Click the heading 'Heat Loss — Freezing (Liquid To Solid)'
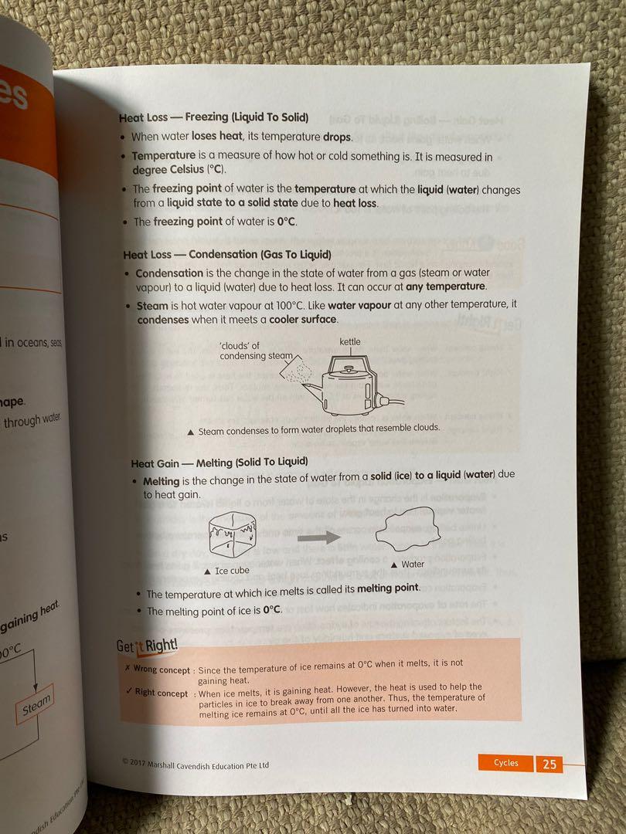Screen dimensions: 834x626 point(213,117)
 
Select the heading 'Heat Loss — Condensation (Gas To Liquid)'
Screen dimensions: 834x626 point(227,255)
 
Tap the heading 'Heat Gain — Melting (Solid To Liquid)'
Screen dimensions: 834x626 point(220,463)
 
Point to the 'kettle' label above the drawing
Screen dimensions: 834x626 point(350,341)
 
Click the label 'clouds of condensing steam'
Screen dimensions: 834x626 point(252,351)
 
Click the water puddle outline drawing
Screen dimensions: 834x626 point(407,533)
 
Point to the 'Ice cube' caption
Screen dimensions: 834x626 point(228,571)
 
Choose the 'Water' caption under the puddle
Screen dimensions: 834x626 point(410,564)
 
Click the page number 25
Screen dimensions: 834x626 point(549,764)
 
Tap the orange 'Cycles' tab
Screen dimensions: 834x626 point(507,763)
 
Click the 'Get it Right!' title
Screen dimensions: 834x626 point(148,646)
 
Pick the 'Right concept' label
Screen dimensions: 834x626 point(160,692)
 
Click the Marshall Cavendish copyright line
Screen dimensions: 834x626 point(196,764)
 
